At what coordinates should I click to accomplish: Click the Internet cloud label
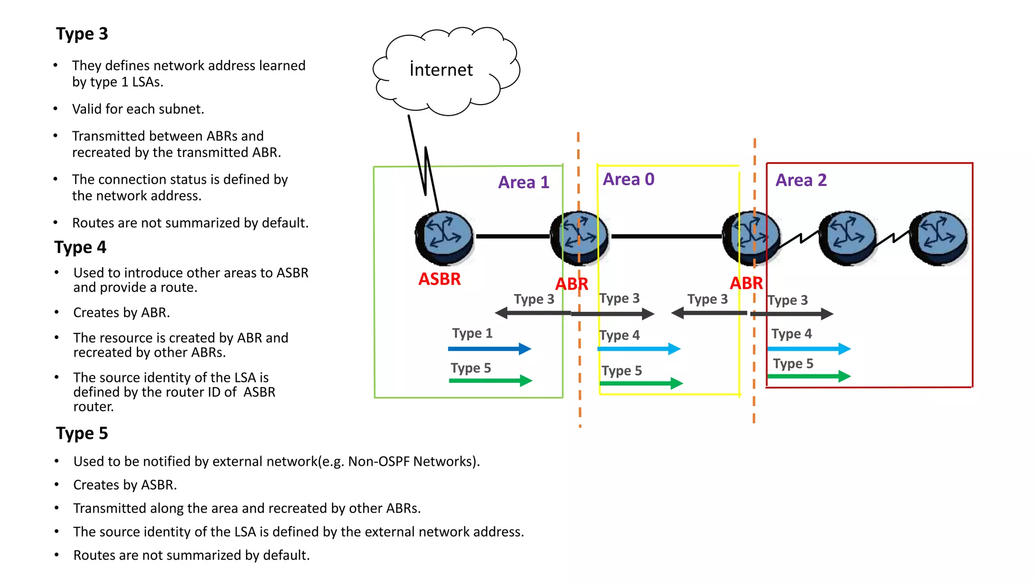pyautogui.click(x=441, y=70)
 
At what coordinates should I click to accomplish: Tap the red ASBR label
pyautogui.click(x=439, y=279)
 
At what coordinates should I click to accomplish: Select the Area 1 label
pyautogui.click(x=524, y=182)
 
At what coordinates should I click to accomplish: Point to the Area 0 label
pyautogui.click(x=628, y=179)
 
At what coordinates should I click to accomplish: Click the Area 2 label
pyautogui.click(x=801, y=180)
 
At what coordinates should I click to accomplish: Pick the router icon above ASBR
pyautogui.click(x=444, y=238)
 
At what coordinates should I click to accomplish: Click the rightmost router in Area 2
pyautogui.click(x=938, y=238)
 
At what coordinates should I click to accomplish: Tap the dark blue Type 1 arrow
pyautogui.click(x=489, y=349)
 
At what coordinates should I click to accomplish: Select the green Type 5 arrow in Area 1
pyautogui.click(x=490, y=380)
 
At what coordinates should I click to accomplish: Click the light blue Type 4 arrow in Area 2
pyautogui.click(x=809, y=349)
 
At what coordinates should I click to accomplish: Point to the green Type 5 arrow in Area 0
pyautogui.click(x=641, y=383)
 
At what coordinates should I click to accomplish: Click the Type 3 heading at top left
pyautogui.click(x=82, y=34)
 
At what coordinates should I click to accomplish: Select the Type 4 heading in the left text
pyautogui.click(x=80, y=247)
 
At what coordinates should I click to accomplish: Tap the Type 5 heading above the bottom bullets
pyautogui.click(x=82, y=433)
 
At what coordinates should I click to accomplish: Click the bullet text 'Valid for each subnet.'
pyautogui.click(x=138, y=109)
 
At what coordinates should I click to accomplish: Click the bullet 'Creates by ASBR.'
pyautogui.click(x=125, y=485)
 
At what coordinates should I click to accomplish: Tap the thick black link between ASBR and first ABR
pyautogui.click(x=511, y=236)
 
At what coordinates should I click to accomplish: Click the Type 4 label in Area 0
pyautogui.click(x=619, y=335)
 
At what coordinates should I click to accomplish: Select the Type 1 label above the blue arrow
pyautogui.click(x=472, y=333)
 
